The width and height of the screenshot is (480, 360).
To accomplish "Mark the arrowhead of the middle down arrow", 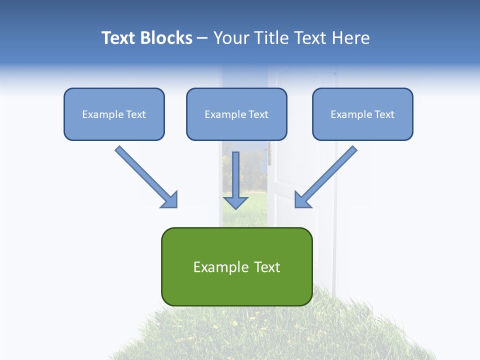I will point(235,202).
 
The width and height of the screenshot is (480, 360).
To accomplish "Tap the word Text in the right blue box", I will point(384,114).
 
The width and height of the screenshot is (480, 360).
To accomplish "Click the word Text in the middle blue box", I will point(258,114).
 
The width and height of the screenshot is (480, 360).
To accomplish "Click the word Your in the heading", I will point(230,38).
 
